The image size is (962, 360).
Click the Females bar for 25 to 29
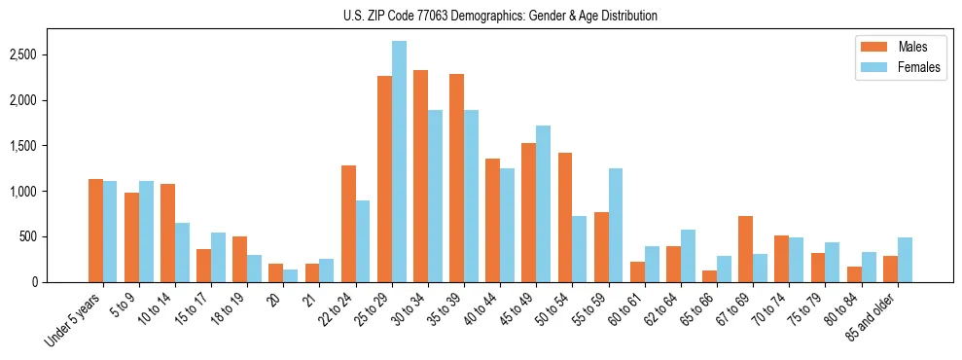[x=399, y=162]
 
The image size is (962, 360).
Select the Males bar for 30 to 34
[x=420, y=176]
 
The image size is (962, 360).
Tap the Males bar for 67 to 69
[x=745, y=249]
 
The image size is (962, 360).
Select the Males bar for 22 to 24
[x=348, y=224]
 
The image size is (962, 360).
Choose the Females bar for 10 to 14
[x=182, y=252]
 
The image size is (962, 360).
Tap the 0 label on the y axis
[x=60, y=282]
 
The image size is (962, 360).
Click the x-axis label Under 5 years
[x=74, y=319]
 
